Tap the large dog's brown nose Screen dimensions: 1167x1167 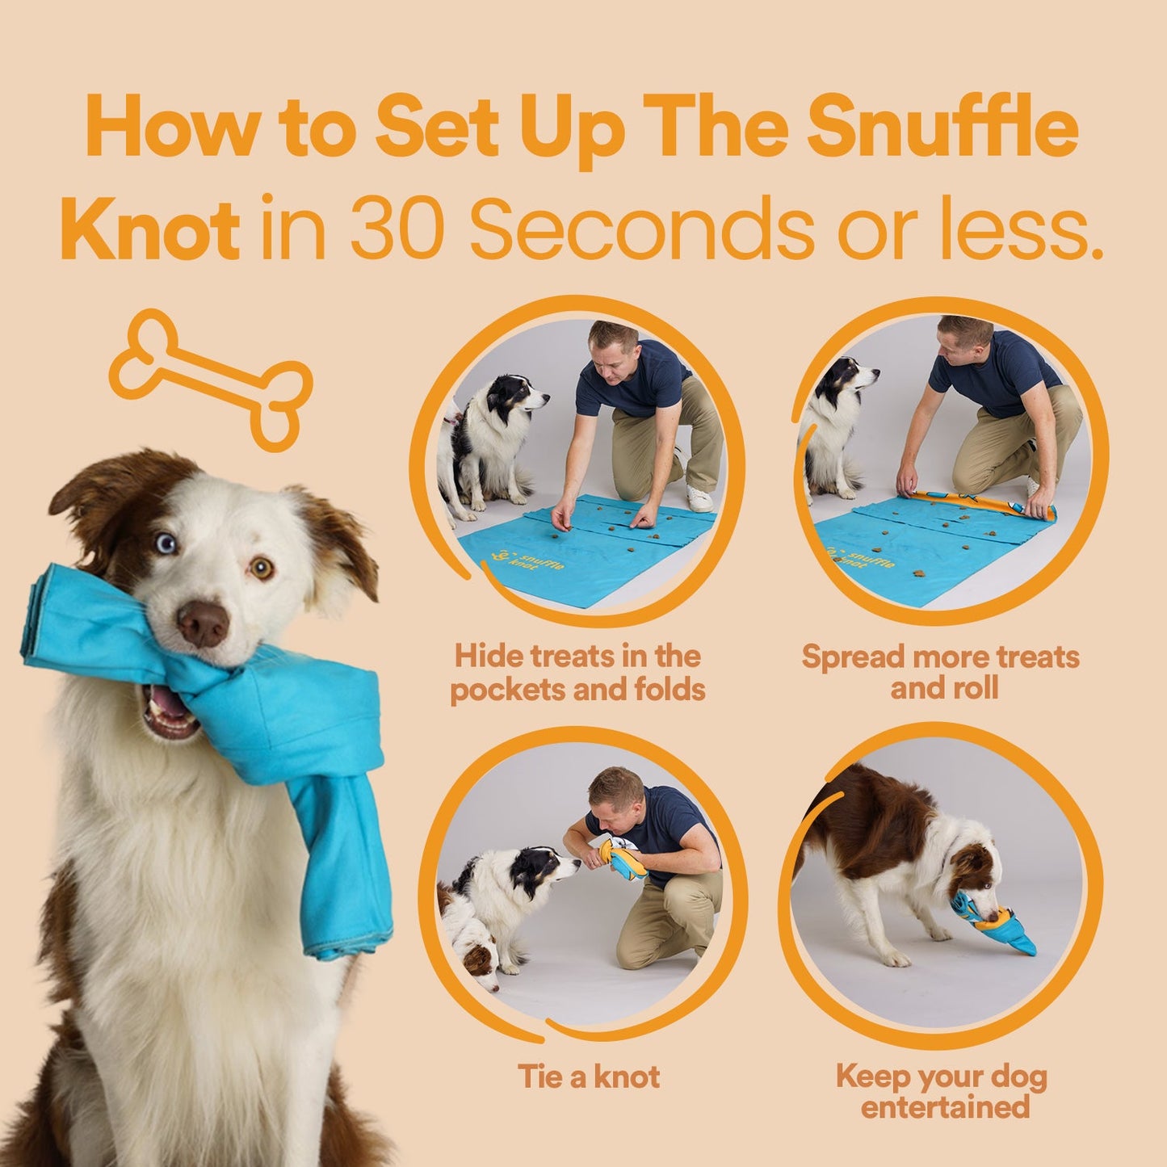(203, 623)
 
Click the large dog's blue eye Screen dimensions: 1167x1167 (166, 544)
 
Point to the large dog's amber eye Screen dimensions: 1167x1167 (261, 568)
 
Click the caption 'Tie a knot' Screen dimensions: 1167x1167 (588, 1077)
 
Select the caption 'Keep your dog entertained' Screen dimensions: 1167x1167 (942, 1091)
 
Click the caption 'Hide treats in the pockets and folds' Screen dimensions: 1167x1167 (577, 673)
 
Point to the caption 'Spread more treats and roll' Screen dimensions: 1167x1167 (941, 673)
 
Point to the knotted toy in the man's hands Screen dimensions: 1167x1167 (624, 858)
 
